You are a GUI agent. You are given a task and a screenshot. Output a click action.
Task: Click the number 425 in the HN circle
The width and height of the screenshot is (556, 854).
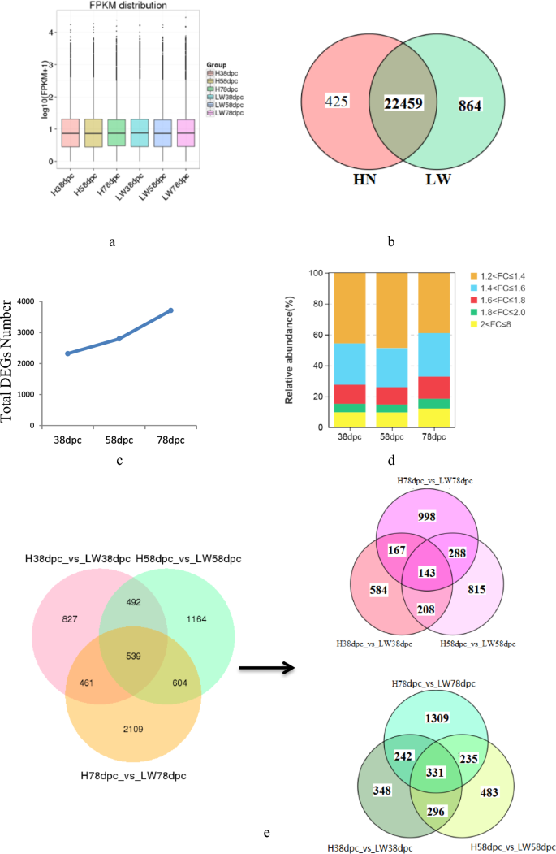click(336, 102)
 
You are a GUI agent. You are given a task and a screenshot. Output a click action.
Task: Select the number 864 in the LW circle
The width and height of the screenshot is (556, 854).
click(471, 103)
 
